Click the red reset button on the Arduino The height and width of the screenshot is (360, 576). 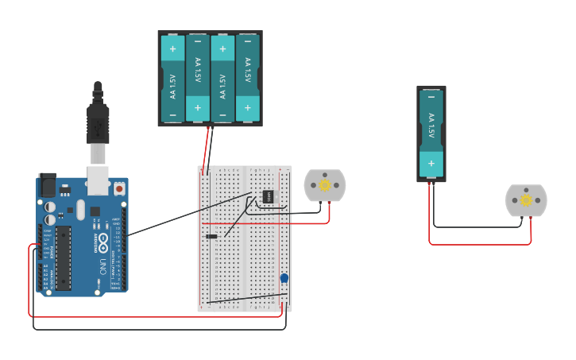tap(119, 189)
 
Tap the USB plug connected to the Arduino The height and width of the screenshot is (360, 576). tap(98, 127)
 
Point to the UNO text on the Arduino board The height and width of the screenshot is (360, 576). tap(102, 266)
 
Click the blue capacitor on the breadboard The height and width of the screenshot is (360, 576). tap(284, 278)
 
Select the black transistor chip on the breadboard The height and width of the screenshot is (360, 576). tap(269, 196)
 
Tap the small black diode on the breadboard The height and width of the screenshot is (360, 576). tap(211, 236)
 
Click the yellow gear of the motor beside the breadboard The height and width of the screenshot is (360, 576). tap(325, 186)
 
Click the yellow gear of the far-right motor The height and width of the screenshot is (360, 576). tap(526, 200)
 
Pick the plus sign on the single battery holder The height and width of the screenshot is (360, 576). tap(431, 163)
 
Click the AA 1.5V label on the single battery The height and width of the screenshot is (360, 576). tap(431, 127)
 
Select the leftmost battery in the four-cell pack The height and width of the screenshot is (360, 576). tap(172, 78)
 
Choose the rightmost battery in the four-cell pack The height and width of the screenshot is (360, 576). tap(248, 78)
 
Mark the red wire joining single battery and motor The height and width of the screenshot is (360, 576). tap(477, 244)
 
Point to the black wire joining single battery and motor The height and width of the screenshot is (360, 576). tap(477, 227)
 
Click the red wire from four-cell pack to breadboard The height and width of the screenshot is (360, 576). tap(209, 147)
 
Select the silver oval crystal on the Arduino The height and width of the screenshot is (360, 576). tap(80, 209)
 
